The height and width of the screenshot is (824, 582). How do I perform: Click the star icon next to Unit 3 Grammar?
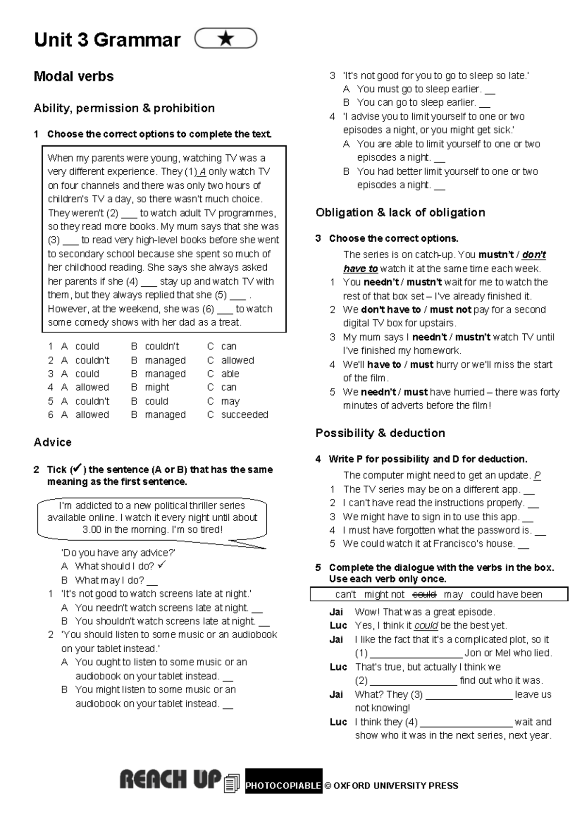pos(226,39)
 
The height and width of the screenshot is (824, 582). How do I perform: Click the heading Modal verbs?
pos(74,77)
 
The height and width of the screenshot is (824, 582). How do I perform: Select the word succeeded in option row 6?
pos(244,415)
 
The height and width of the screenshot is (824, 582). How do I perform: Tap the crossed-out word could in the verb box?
pos(424,594)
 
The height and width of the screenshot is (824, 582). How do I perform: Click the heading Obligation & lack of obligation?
pos(400,213)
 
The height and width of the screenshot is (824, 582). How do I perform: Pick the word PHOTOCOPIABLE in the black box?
pos(283,786)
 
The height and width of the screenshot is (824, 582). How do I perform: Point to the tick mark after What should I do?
pos(162,565)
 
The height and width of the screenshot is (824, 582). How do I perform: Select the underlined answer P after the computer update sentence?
pos(537,476)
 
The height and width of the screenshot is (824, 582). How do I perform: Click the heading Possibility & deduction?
pos(380,433)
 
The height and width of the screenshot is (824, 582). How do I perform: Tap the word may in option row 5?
pos(230,401)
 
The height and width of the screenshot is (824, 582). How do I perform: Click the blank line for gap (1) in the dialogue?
pos(416,654)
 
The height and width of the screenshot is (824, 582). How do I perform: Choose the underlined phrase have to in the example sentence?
pos(360,269)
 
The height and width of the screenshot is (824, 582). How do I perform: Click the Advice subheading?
pos(52,443)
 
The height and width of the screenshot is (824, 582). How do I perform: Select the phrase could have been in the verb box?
pos(506,594)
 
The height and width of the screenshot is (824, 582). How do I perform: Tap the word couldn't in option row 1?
pos(162,346)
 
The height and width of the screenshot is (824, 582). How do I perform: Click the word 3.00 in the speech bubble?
pos(92,530)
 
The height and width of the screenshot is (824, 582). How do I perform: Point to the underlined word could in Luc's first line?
pos(426,626)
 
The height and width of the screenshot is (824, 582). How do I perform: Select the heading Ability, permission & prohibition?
pos(124,108)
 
